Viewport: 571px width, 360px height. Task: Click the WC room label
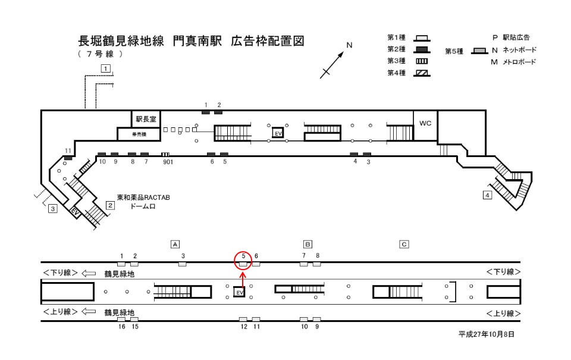[425, 123]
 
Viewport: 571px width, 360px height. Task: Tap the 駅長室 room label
[146, 119]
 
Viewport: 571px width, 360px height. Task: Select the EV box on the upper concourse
[278, 133]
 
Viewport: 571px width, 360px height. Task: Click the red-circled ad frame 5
[243, 264]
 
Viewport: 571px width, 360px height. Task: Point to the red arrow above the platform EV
[243, 280]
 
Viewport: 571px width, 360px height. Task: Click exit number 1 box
[106, 68]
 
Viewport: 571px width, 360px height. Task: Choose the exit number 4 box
[487, 195]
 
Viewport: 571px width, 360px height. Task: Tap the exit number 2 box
[110, 205]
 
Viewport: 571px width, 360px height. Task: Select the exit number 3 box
[53, 209]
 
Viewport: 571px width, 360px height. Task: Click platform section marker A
[175, 244]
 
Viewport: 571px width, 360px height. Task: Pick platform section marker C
[404, 244]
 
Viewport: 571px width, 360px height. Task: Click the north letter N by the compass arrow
[349, 45]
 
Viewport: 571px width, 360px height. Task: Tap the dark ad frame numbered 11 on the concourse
[68, 158]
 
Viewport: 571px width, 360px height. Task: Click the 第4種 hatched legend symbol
[422, 73]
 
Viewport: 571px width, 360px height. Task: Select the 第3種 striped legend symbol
[422, 61]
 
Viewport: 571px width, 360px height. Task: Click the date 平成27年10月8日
[486, 334]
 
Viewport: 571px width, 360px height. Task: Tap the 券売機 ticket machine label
[139, 134]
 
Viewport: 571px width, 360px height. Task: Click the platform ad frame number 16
[121, 319]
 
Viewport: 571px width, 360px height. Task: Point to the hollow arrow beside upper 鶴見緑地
[89, 273]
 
